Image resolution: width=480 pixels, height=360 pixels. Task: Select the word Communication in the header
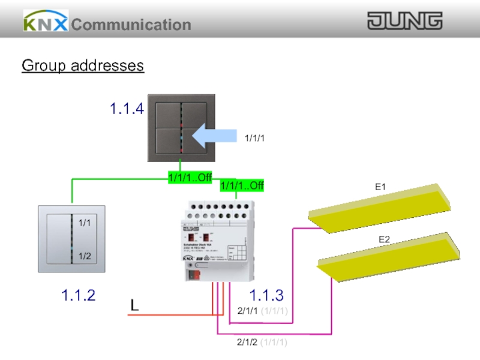131,25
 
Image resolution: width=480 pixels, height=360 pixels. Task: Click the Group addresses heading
83,65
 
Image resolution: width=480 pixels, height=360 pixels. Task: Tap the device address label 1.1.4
127,109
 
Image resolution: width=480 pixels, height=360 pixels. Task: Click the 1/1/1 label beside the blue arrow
254,139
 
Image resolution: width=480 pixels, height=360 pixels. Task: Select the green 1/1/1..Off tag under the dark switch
190,177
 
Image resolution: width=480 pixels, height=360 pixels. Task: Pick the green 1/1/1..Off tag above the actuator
242,185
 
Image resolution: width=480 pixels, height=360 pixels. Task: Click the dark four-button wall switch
181,128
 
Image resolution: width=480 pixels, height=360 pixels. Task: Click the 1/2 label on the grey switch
85,256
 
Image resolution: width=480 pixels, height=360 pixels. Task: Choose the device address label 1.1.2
78,295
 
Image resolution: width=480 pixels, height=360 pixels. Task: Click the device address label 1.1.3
266,295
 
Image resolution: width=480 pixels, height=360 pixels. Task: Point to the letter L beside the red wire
135,306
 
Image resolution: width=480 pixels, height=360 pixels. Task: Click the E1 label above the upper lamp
380,187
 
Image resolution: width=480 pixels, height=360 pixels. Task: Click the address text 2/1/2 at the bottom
247,343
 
